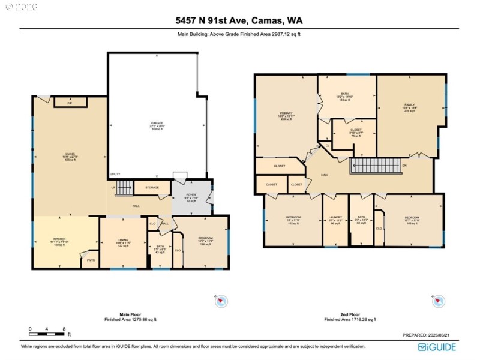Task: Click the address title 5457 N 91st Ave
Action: pyautogui.click(x=239, y=20)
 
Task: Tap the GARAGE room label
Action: pyautogui.click(x=157, y=124)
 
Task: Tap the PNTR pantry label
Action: pyautogui.click(x=91, y=259)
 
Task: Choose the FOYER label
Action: pyautogui.click(x=191, y=194)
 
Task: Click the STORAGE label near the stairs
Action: pyautogui.click(x=151, y=188)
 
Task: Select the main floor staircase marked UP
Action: pyautogui.click(x=124, y=188)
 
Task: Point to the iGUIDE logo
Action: pyautogui.click(x=437, y=347)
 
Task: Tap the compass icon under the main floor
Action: pyautogui.click(x=221, y=301)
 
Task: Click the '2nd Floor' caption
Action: pyautogui.click(x=350, y=314)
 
